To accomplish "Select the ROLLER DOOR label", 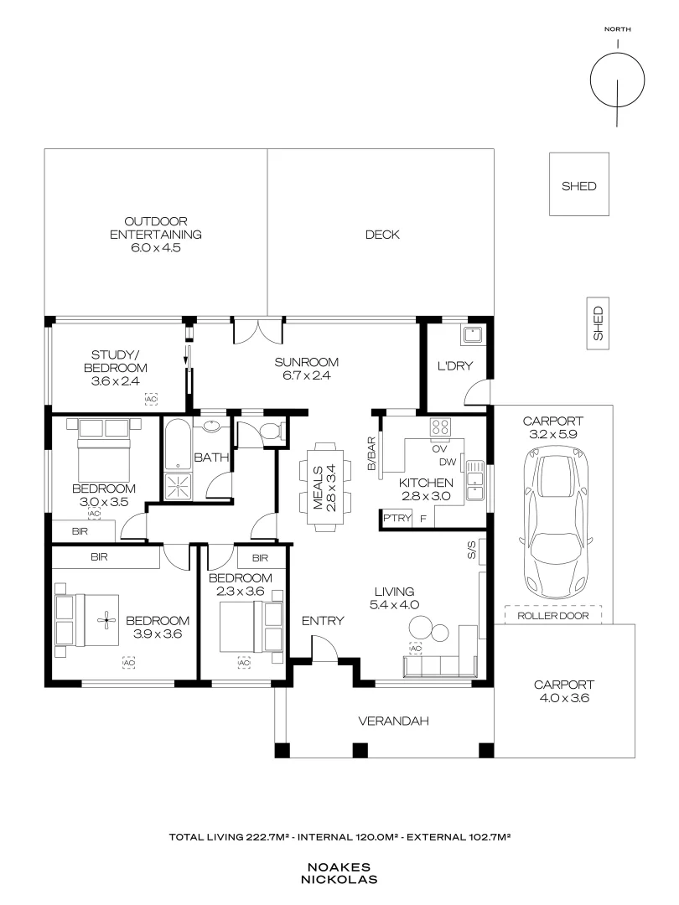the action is point(553,616).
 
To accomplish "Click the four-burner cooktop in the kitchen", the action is point(440,427).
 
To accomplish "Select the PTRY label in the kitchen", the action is point(397,518).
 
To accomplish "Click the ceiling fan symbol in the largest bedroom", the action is point(106,621).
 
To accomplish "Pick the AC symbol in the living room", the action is point(415,648).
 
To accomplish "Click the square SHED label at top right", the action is point(579,186).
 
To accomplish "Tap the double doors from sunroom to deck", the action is point(258,331).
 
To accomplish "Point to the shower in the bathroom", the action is point(178,487).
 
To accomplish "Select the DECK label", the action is point(382,235).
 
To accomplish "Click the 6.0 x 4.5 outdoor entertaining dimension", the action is point(156,247).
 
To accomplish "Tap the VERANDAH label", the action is point(393,721).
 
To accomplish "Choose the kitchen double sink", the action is point(474,479).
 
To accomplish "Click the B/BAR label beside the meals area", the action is point(371,453).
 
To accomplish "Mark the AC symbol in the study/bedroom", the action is point(151,399).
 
